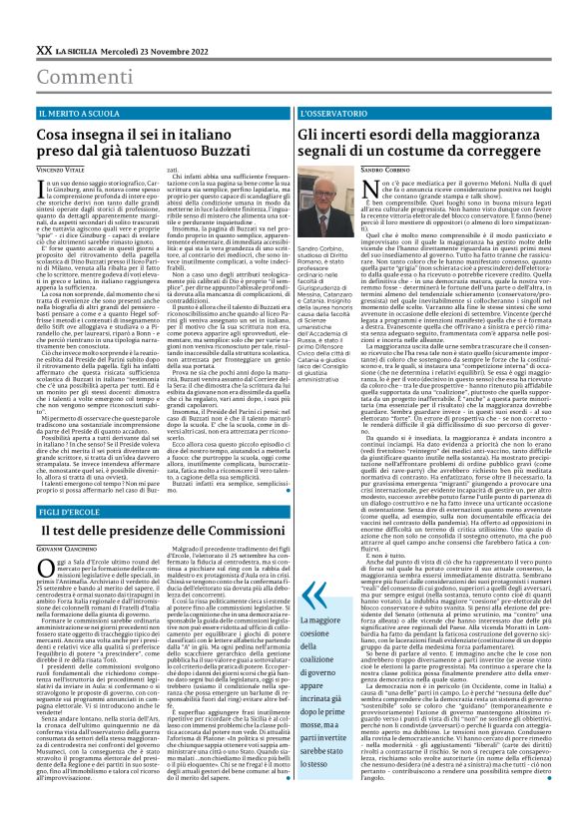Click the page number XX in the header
[44, 48]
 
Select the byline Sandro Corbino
[384, 172]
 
